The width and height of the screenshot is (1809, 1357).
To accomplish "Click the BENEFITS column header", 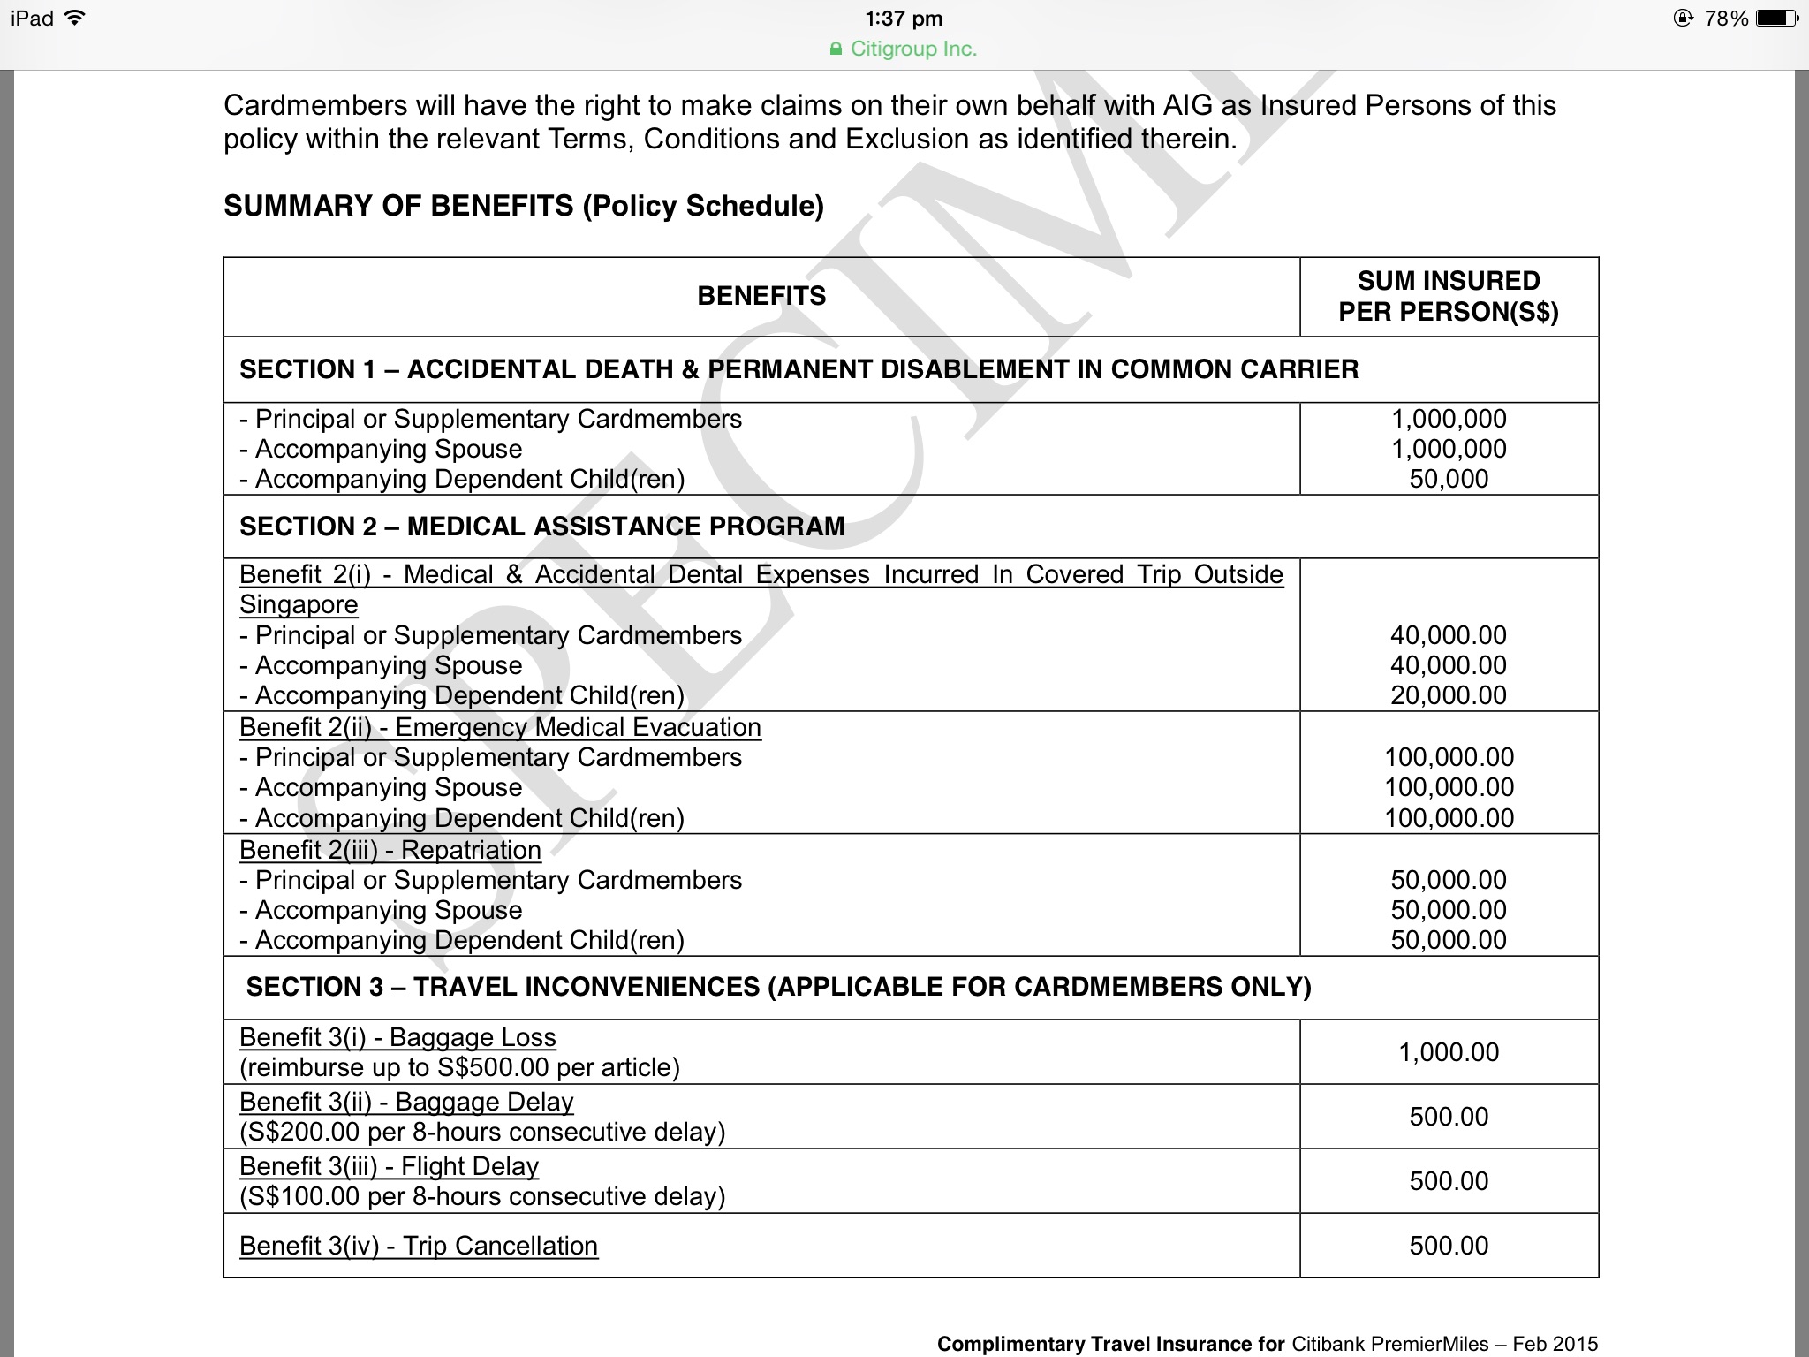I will [x=761, y=296].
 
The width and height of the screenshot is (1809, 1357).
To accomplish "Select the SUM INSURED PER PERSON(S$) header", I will [x=1449, y=296].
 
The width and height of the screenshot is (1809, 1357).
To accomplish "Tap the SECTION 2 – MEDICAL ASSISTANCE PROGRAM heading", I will [x=541, y=527].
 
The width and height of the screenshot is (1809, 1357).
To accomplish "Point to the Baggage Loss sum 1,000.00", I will [x=1449, y=1052].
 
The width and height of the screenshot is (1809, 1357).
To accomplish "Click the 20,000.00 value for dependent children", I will [x=1449, y=695].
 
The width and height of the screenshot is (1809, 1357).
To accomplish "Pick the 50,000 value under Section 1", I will [x=1449, y=479].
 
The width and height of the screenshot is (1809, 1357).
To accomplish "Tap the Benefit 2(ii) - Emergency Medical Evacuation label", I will [x=500, y=727].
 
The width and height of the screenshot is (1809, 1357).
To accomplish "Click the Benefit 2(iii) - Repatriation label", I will [x=390, y=850].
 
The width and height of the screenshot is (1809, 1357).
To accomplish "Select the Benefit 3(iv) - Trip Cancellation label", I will [x=419, y=1246].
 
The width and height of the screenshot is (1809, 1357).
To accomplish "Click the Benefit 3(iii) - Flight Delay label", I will [x=389, y=1166].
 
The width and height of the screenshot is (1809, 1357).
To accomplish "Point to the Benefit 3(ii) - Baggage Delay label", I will [x=406, y=1102].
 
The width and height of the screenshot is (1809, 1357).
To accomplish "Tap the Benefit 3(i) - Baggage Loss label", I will [x=397, y=1037].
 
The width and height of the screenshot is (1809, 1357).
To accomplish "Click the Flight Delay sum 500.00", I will [x=1449, y=1181].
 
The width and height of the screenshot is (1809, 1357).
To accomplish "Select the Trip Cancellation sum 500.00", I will [x=1449, y=1246].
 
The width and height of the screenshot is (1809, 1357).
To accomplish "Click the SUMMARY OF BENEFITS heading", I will [x=523, y=206].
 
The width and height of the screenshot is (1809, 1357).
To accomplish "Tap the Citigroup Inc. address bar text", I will [x=912, y=49].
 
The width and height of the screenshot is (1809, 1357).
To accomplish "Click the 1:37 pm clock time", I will [x=904, y=19].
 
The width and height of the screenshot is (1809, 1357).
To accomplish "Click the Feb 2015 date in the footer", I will [x=1555, y=1344].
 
